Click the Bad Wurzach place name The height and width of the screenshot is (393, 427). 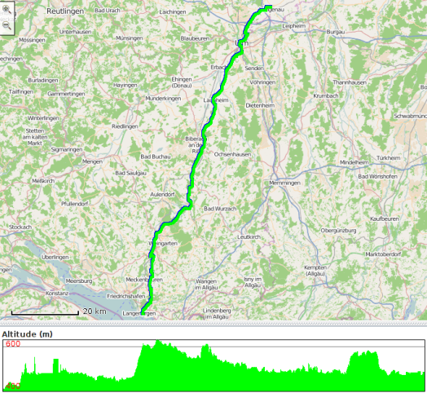click(219, 209)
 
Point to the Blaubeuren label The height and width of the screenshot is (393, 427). click(195, 38)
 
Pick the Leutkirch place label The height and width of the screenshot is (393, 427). click(248, 236)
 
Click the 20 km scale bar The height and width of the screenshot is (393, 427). click(49, 311)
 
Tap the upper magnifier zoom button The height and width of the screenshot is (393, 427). click(7, 12)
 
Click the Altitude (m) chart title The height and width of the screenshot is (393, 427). click(27, 334)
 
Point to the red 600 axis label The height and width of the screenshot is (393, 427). click(13, 345)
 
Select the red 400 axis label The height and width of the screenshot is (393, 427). click(13, 386)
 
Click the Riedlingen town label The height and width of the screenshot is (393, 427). click(125, 126)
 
